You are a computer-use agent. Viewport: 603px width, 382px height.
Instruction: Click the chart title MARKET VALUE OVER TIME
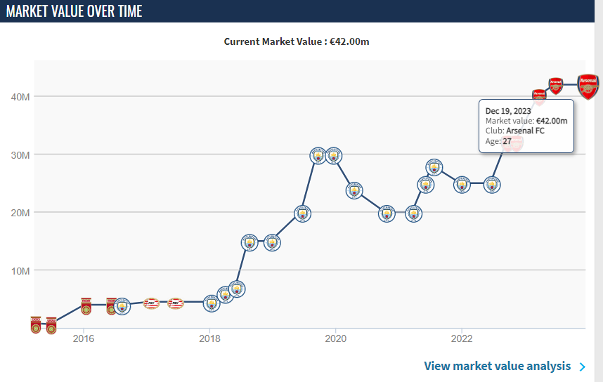[74, 11]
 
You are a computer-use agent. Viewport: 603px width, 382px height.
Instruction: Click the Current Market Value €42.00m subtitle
[297, 41]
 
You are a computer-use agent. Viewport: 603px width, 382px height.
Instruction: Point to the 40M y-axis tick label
[20, 97]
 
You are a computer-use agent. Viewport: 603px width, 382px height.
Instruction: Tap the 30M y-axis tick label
[20, 154]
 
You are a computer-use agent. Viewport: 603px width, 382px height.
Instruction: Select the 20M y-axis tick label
[20, 213]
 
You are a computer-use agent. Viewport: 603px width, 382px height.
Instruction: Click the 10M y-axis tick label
[20, 271]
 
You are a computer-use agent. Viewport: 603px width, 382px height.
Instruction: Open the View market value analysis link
[498, 366]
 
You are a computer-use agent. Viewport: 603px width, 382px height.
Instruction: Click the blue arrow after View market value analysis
[582, 367]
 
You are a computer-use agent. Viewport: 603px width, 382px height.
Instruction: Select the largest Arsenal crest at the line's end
[588, 86]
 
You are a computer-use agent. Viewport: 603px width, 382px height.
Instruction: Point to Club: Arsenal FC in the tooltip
[514, 131]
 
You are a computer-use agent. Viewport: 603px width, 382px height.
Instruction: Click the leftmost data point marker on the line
[36, 324]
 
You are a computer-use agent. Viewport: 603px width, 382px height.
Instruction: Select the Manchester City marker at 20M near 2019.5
[302, 213]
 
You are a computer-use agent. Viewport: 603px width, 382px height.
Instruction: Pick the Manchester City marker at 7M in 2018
[238, 289]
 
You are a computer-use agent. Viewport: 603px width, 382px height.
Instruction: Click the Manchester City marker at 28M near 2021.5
[435, 167]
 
